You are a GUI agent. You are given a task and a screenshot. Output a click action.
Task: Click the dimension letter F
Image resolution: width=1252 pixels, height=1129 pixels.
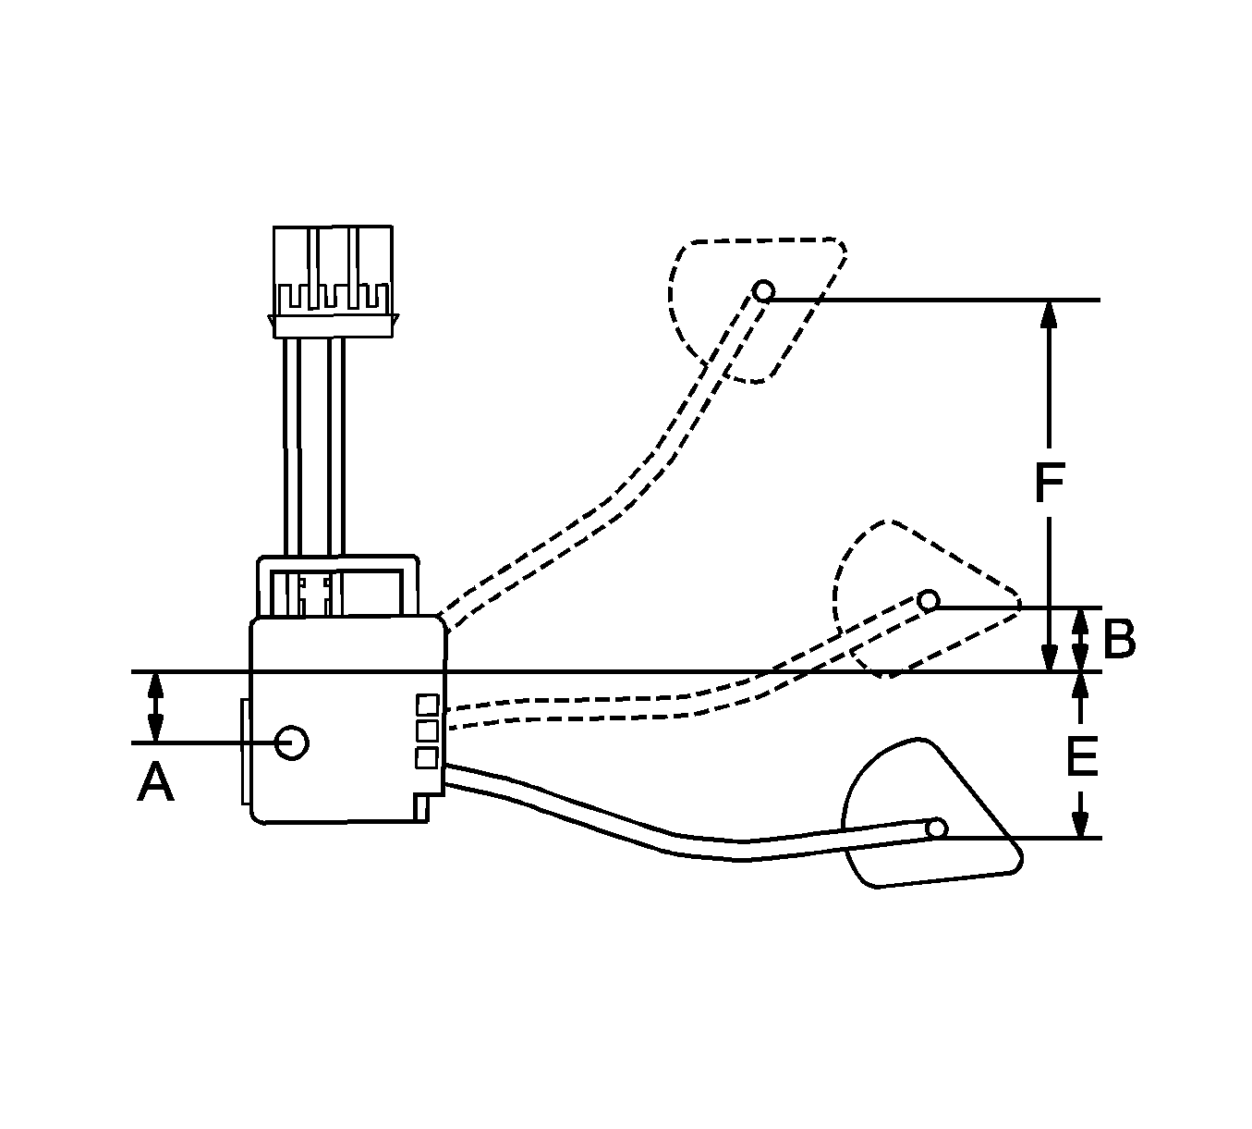(1049, 483)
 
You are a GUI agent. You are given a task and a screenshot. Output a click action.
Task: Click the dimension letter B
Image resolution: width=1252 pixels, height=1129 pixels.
(1120, 639)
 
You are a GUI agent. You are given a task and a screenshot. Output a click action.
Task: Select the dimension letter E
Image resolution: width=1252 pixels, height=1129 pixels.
(1082, 757)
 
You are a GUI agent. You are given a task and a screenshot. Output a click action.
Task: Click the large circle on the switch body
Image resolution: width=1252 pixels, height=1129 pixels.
(291, 742)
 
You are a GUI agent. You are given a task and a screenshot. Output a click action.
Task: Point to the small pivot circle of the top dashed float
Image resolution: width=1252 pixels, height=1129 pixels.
(763, 291)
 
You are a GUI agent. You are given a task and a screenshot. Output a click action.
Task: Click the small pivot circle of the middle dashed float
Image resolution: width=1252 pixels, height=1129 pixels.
(929, 600)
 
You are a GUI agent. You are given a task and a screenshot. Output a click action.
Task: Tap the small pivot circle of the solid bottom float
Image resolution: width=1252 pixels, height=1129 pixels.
(937, 829)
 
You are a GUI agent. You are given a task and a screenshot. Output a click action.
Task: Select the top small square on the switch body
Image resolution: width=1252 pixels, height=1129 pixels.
(427, 705)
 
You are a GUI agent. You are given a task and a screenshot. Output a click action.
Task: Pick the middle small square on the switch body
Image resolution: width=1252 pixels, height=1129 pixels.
(427, 731)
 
